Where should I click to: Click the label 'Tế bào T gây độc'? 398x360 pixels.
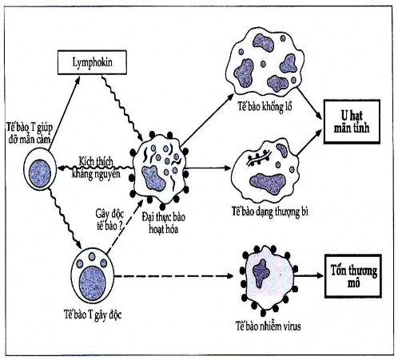tap(95, 314)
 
